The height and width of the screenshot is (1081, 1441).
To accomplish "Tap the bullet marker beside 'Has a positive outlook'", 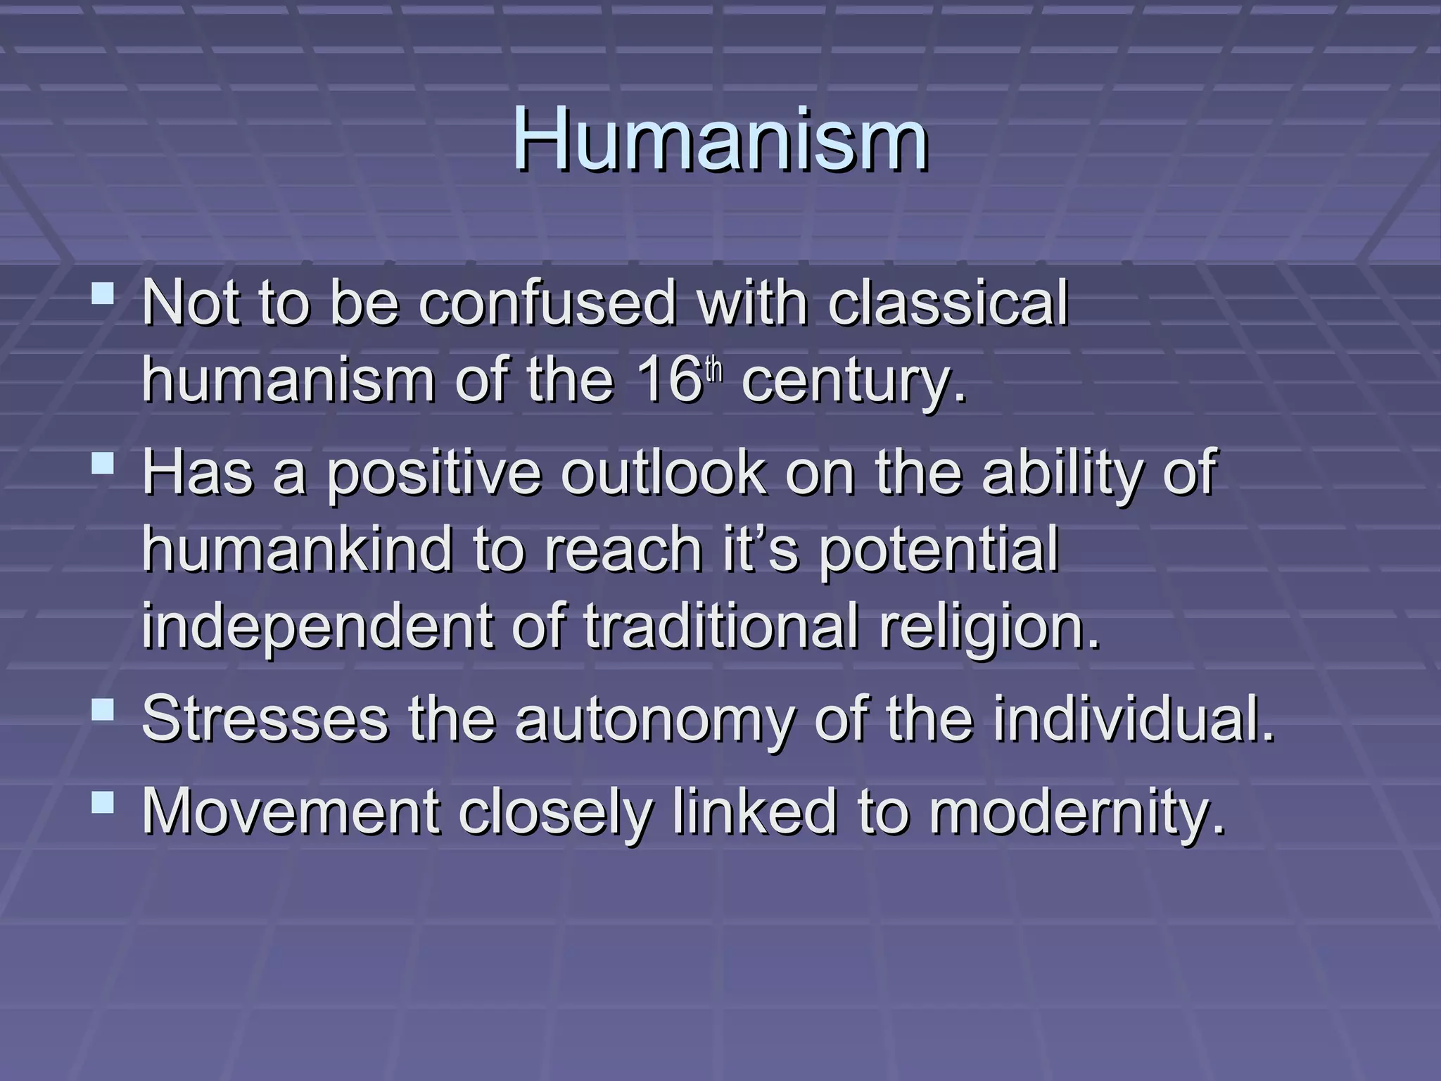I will [103, 462].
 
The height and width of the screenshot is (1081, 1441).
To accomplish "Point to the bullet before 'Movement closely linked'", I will [103, 802].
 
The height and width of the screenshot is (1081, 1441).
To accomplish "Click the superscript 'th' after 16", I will [714, 370].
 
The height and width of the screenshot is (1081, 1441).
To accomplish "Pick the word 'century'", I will [848, 384].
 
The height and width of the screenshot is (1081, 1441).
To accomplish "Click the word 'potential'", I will [939, 551].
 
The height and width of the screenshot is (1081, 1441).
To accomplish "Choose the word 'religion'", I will [985, 628].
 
